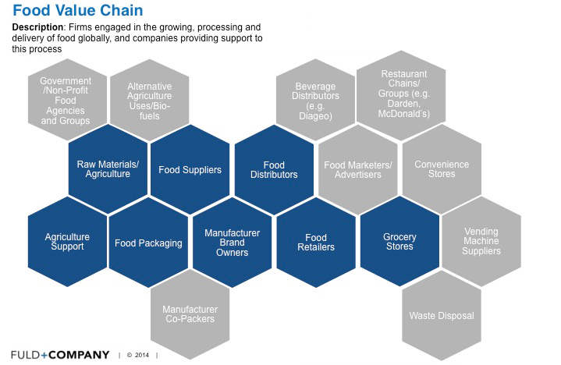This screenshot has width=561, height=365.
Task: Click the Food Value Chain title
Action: point(78,10)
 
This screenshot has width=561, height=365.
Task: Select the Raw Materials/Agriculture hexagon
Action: point(108,169)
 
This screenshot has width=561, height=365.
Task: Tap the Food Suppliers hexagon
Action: point(190,169)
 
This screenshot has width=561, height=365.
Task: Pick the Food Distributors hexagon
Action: point(274,170)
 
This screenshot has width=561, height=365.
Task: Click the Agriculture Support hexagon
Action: point(67,242)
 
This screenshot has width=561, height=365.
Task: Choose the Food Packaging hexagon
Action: point(148,243)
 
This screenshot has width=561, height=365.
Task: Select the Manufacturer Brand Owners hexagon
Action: point(233,243)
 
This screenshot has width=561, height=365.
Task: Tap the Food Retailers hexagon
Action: point(316,243)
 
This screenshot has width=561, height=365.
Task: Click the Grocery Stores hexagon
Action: point(399,242)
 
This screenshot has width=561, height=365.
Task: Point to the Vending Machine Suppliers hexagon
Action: point(481,241)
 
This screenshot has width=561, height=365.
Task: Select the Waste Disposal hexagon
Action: point(442,316)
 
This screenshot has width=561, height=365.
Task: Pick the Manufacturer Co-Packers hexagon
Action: point(190,314)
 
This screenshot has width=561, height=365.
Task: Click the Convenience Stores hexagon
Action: point(442,169)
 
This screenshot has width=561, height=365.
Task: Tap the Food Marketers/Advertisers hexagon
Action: point(358,170)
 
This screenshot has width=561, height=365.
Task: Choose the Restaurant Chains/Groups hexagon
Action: point(401,95)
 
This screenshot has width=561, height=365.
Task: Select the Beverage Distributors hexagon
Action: point(315,101)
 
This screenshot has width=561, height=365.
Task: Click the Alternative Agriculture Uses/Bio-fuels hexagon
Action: point(150,101)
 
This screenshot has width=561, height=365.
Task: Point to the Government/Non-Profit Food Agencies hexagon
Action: point(67,100)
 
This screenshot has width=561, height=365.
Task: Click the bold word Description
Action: point(37,27)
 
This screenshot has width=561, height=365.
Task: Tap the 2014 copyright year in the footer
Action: point(142,355)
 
